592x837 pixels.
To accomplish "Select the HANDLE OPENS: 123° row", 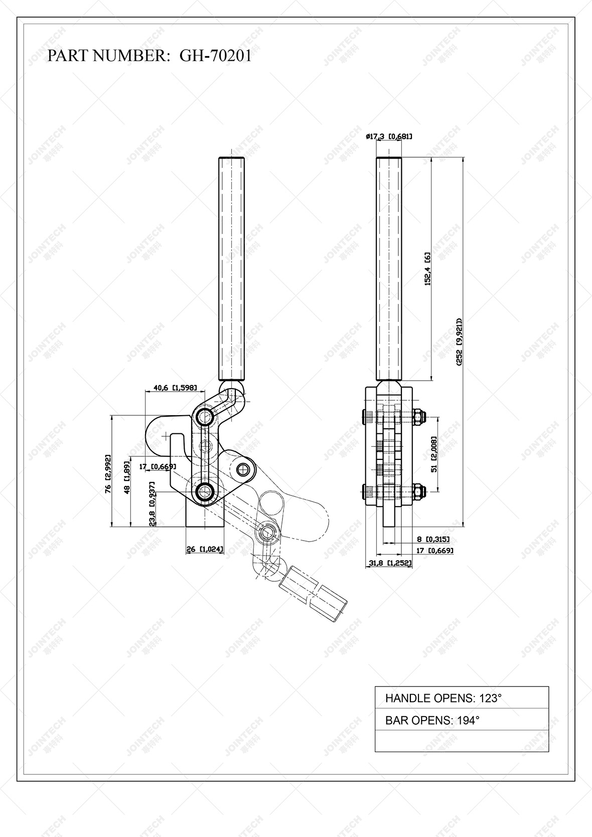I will pos(462,698).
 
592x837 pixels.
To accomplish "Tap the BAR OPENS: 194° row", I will pos(462,720).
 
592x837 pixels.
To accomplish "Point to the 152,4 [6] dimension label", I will pos(428,269).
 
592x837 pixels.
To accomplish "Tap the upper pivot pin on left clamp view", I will pos(204,416).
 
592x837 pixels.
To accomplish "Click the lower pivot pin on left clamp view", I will pos(204,492).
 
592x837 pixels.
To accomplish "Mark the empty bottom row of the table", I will pos(462,741).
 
